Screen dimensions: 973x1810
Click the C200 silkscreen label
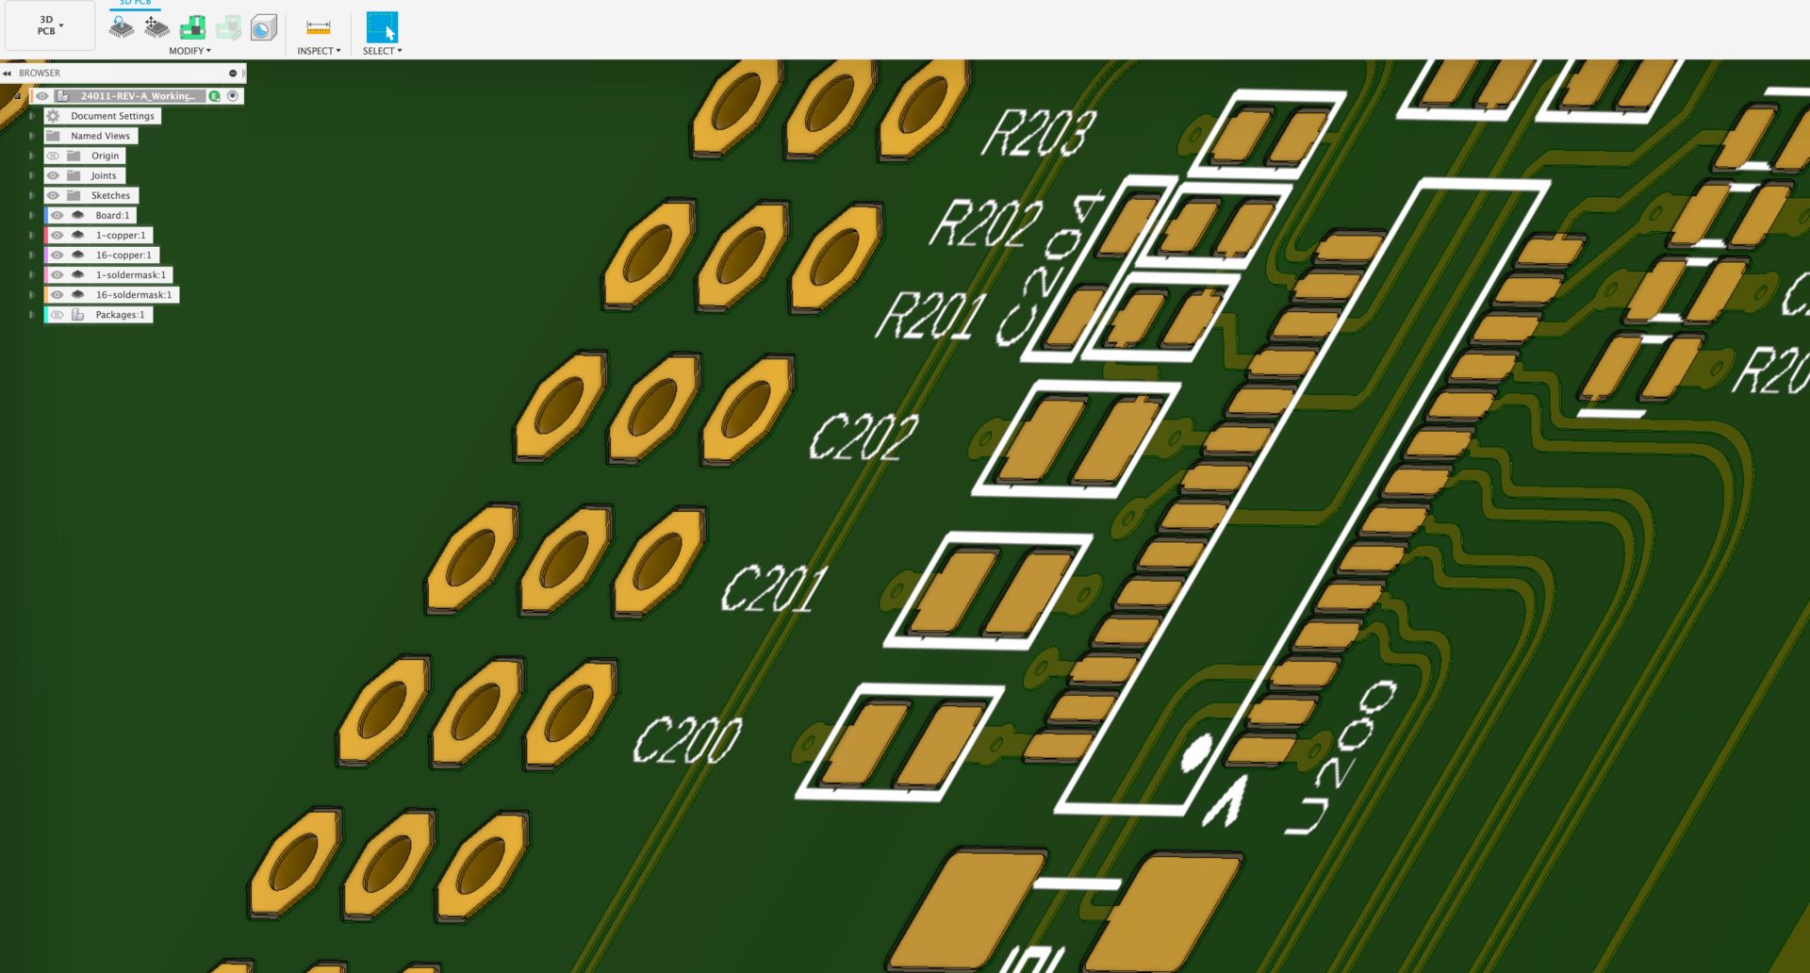click(x=687, y=739)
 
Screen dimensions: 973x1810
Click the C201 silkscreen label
click(x=775, y=588)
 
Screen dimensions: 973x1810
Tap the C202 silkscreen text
click(x=864, y=437)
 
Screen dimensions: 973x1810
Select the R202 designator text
click(x=986, y=223)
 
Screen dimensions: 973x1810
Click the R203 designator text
click(x=1039, y=133)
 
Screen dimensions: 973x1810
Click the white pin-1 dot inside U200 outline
click(x=1196, y=751)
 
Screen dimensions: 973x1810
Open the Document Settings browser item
click(x=112, y=116)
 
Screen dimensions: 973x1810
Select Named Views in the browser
click(x=100, y=136)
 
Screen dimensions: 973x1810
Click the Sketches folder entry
click(x=110, y=195)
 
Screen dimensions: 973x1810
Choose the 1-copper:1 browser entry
click(x=121, y=235)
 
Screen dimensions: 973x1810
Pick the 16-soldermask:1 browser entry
click(x=133, y=294)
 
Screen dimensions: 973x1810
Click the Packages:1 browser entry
click(x=120, y=314)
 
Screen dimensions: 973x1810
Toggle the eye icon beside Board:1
click(x=57, y=215)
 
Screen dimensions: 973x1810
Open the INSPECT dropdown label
click(x=319, y=51)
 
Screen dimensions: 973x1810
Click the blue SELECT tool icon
click(x=382, y=27)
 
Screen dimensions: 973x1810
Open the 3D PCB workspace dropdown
click(x=49, y=25)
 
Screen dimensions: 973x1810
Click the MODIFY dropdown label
click(x=189, y=51)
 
